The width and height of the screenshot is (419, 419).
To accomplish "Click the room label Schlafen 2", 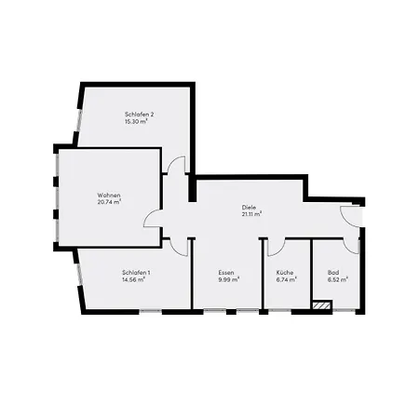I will click(x=139, y=114).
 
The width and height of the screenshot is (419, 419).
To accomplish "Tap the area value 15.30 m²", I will click(x=138, y=122).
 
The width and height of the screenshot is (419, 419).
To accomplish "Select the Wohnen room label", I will click(x=109, y=195).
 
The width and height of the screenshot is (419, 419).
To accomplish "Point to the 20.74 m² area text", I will click(x=109, y=202).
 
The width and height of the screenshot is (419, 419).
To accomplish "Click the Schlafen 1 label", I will click(x=135, y=271).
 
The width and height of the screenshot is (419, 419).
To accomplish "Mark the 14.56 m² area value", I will click(x=135, y=279).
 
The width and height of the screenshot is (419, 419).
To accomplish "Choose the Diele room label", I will click(x=249, y=206).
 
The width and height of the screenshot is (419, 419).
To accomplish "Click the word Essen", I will click(x=227, y=271).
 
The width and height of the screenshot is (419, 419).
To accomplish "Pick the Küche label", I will click(x=285, y=271).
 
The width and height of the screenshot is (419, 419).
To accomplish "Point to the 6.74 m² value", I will click(x=286, y=279).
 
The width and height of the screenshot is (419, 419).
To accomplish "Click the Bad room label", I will click(x=333, y=271).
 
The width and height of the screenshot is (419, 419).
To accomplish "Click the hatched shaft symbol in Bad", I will click(x=322, y=304).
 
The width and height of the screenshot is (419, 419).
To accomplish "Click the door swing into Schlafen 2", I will click(x=178, y=165).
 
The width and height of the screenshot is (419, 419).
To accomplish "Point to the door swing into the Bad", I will click(x=351, y=245).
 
